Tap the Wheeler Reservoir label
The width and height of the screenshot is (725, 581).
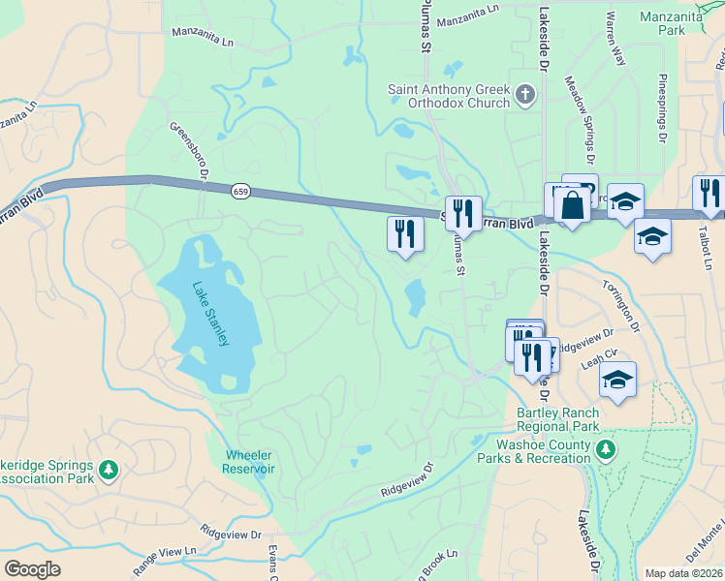tap(249, 462)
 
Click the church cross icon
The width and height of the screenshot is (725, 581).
tap(525, 95)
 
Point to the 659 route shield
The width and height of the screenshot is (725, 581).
tap(239, 192)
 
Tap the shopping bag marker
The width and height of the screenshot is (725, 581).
tap(572, 204)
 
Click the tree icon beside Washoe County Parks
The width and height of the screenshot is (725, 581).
tap(606, 449)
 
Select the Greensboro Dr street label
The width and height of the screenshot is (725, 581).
tap(190, 150)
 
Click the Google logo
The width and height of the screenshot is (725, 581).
tap(32, 569)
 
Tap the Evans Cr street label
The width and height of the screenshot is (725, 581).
tap(273, 562)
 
